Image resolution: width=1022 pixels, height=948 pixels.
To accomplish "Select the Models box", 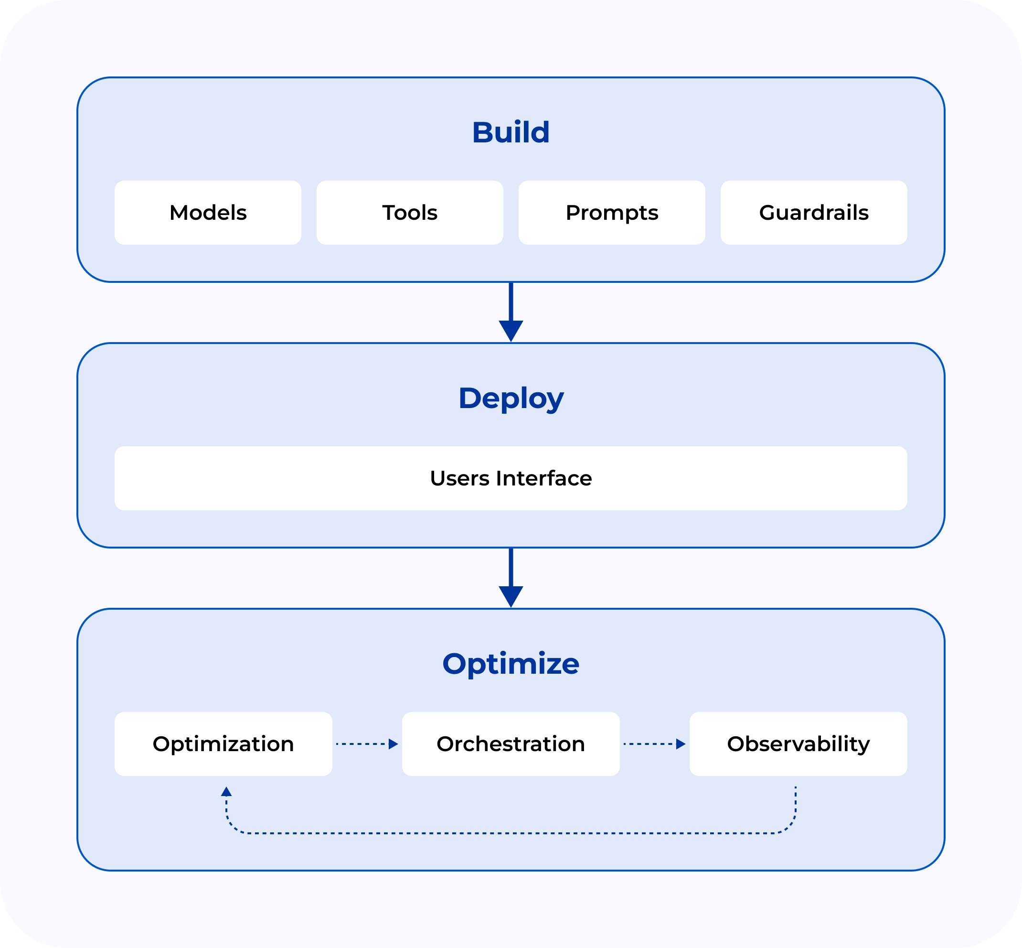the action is (208, 212).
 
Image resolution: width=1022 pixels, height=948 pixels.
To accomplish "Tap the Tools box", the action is (410, 212).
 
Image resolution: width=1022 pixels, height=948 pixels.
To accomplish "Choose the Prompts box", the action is (612, 212).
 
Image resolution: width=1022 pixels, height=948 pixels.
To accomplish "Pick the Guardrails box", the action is (814, 212).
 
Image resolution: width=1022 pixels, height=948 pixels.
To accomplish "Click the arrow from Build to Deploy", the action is (511, 312).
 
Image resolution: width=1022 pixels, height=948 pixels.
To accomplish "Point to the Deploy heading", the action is (511, 399).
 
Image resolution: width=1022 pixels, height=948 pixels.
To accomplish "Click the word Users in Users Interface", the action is (459, 478).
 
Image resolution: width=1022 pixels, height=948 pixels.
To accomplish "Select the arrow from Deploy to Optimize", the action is (511, 578).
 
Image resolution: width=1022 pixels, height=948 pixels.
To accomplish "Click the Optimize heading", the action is (511, 664).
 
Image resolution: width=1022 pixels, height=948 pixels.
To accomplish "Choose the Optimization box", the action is (223, 744).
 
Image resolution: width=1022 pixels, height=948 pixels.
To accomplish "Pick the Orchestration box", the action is (511, 744).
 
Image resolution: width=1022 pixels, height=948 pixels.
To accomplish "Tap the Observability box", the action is (798, 744).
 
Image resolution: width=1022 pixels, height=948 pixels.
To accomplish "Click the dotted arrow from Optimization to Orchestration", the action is (367, 744).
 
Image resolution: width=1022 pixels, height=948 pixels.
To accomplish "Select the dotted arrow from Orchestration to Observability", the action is (655, 744).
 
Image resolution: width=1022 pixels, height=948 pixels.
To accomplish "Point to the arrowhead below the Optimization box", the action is (226, 792).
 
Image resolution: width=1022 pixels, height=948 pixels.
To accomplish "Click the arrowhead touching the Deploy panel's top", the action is (511, 331).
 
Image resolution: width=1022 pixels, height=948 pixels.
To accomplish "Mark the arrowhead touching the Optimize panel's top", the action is (511, 597).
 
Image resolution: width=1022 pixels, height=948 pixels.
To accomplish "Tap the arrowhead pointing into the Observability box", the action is (681, 744).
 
